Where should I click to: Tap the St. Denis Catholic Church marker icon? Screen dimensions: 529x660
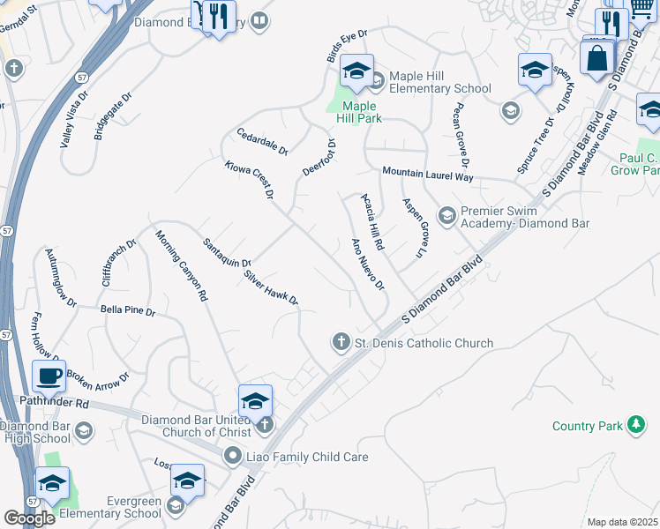(x=341, y=341)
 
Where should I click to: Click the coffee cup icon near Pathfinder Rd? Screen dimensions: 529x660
(x=49, y=376)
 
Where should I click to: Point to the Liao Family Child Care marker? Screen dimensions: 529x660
(x=232, y=456)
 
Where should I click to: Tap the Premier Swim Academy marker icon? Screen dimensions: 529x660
(x=446, y=215)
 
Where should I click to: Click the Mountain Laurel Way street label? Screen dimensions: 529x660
(x=427, y=175)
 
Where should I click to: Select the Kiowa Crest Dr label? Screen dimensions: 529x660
(x=249, y=179)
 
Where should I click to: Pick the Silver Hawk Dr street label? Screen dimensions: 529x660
(x=272, y=287)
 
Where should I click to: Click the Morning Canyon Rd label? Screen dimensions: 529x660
(x=181, y=265)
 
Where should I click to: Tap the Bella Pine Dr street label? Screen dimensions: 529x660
(x=128, y=311)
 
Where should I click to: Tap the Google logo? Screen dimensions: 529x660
(x=30, y=518)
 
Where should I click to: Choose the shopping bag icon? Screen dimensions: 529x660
(x=597, y=58)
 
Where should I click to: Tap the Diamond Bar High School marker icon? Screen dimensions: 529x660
(x=84, y=430)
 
